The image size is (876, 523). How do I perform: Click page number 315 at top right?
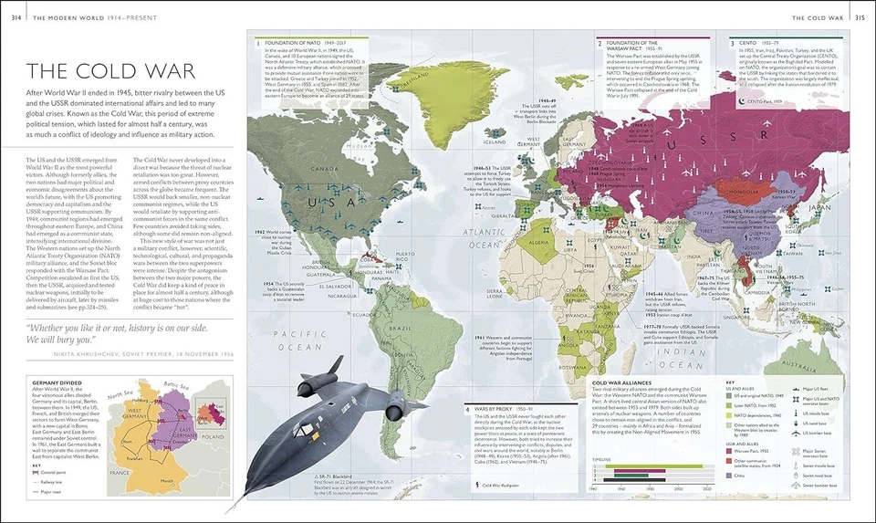(x=860, y=17)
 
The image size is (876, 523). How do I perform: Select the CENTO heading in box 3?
(x=747, y=43)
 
